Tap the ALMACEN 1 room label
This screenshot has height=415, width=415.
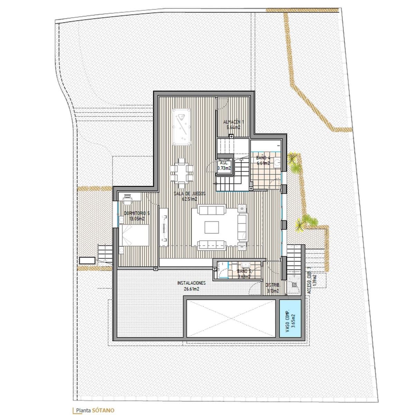[234, 124]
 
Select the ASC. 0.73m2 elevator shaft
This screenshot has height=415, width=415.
[223, 166]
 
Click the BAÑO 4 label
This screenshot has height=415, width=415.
[262, 160]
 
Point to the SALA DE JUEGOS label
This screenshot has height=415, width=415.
[190, 196]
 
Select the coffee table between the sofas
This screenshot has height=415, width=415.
[211, 228]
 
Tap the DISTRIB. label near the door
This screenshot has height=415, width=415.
[273, 287]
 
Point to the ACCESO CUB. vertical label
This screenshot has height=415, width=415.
[310, 279]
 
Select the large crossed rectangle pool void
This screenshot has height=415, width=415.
[231, 319]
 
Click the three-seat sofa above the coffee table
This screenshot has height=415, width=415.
[211, 210]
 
